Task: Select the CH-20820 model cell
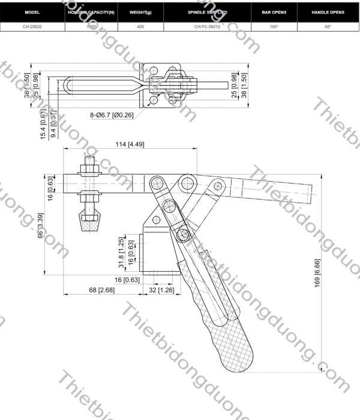pos(32,27)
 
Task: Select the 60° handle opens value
pos(328,27)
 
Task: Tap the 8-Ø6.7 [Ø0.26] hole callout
pos(112,114)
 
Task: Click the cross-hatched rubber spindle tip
pos(88,223)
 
